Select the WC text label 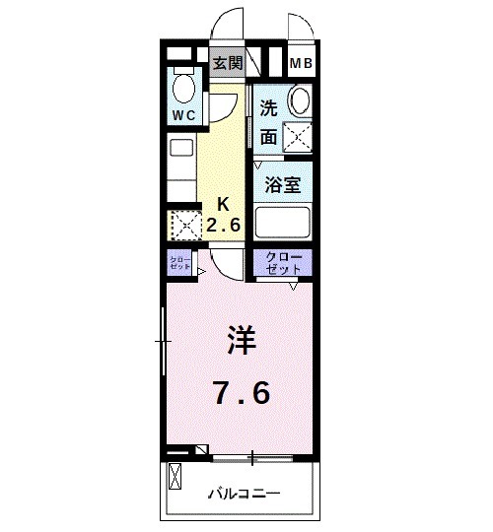point(184,115)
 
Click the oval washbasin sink point(300,102)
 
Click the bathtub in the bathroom point(283,221)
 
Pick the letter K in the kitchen point(224,205)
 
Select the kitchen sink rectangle point(181,149)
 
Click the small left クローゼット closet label point(179,263)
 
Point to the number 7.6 point(241,393)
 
